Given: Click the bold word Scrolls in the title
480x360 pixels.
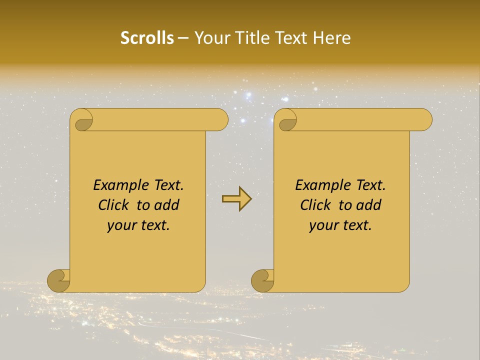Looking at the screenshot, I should [147, 38].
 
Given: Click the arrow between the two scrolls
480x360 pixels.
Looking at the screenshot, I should [236, 199].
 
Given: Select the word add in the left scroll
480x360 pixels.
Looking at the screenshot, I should [167, 205].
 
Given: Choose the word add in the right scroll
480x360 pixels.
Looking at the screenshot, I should [369, 205].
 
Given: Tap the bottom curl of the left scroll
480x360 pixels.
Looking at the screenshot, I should [59, 280].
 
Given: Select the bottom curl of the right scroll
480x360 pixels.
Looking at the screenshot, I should [263, 280].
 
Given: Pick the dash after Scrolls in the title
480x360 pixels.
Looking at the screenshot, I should [183, 38].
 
